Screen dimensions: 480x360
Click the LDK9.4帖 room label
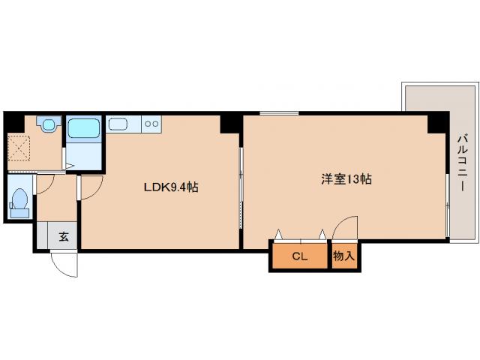coord(171,187)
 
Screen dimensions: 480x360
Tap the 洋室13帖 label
coord(346,179)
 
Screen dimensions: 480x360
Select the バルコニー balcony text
coord(462,163)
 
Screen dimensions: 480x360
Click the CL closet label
coord(300,256)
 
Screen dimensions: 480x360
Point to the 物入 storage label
coord(344,256)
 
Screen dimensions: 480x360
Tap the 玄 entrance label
coord(64,237)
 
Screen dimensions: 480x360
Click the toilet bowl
coord(20,202)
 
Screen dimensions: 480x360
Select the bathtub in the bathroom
coord(84,128)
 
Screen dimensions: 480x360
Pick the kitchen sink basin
coord(118,124)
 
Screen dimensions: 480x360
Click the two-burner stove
coord(151,124)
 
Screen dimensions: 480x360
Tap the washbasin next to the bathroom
coord(49,124)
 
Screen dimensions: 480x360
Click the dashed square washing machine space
coord(19,148)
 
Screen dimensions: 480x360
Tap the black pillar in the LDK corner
coord(229,124)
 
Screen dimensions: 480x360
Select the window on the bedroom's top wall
coord(279,113)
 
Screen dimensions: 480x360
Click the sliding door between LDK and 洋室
coord(241,188)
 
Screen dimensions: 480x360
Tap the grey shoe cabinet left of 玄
coord(42,235)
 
